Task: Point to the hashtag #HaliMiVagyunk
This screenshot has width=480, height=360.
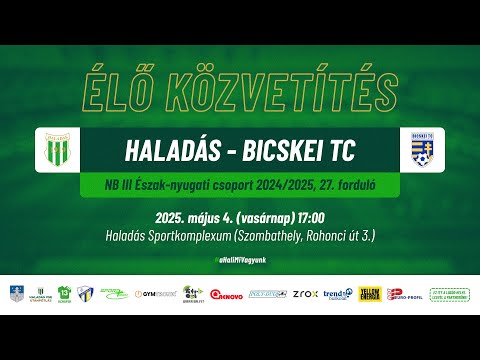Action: coord(239,259)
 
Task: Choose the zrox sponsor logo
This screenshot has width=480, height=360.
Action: coord(305,295)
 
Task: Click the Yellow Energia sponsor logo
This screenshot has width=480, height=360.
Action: coord(370,294)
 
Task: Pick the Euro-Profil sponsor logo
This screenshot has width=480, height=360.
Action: coord(403,295)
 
